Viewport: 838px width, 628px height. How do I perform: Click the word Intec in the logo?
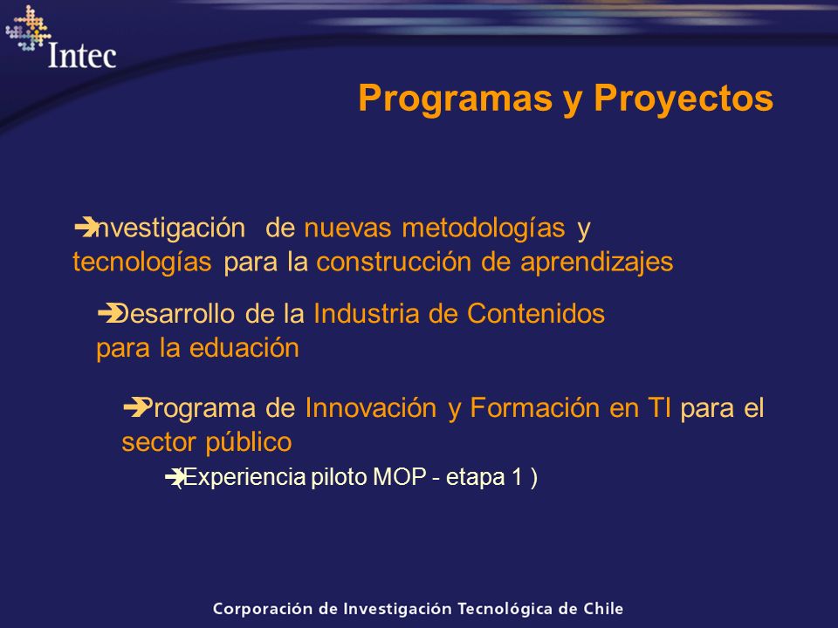pyautogui.click(x=82, y=56)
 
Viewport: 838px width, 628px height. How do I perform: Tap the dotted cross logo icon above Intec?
pyautogui.click(x=28, y=28)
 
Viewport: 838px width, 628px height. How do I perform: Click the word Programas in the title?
pyautogui.click(x=456, y=99)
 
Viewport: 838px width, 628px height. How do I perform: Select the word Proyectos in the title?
pyautogui.click(x=683, y=99)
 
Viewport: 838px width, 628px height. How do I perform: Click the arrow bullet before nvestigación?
pyautogui.click(x=86, y=227)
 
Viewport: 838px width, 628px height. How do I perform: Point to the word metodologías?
pyautogui.click(x=483, y=228)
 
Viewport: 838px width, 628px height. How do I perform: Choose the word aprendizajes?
pyautogui.click(x=596, y=263)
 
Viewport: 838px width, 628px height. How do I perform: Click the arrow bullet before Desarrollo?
pyautogui.click(x=110, y=313)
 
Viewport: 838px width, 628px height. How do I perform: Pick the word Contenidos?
pyautogui.click(x=535, y=313)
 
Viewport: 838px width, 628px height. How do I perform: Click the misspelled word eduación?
pyautogui.click(x=244, y=348)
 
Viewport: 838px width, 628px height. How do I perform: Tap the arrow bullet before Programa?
pyautogui.click(x=136, y=407)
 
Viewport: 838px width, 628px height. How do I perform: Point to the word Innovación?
pyautogui.click(x=371, y=408)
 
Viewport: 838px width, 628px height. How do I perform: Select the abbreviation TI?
pyautogui.click(x=660, y=408)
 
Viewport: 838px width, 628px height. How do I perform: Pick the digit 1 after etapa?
pyautogui.click(x=517, y=477)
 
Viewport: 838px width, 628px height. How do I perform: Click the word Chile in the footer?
pyautogui.click(x=603, y=608)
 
